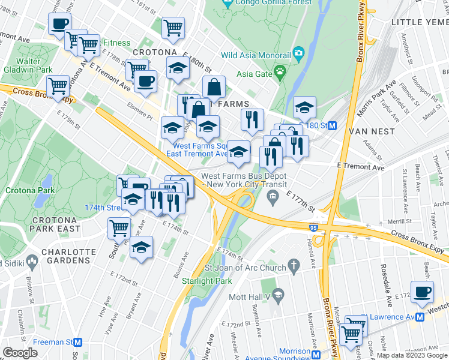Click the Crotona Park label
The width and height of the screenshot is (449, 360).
click(30, 190)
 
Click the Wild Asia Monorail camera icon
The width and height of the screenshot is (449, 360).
click(298, 55)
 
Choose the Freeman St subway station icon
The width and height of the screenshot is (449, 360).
click(77, 342)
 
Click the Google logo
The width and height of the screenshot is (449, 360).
click(20, 353)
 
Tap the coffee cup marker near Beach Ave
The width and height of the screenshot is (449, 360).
click(423, 292)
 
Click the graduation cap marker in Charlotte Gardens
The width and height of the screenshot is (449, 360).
click(141, 247)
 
